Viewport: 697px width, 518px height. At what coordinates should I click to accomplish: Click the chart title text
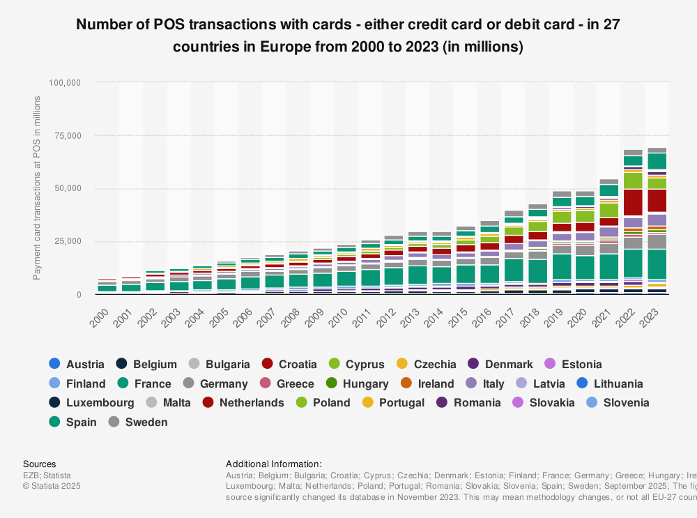pos(348,36)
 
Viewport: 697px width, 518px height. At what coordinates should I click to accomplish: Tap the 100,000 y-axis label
pos(63,82)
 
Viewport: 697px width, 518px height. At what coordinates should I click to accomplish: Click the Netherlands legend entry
pos(243,402)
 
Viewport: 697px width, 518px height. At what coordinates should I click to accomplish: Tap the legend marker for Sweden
pos(114,422)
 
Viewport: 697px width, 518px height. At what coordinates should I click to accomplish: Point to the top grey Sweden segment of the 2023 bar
pos(657,150)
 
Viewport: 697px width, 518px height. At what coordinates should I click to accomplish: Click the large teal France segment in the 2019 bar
pos(562,266)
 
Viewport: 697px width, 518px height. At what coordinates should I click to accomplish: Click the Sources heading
pos(40,464)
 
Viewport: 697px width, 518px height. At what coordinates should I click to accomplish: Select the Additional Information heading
pos(274,464)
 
